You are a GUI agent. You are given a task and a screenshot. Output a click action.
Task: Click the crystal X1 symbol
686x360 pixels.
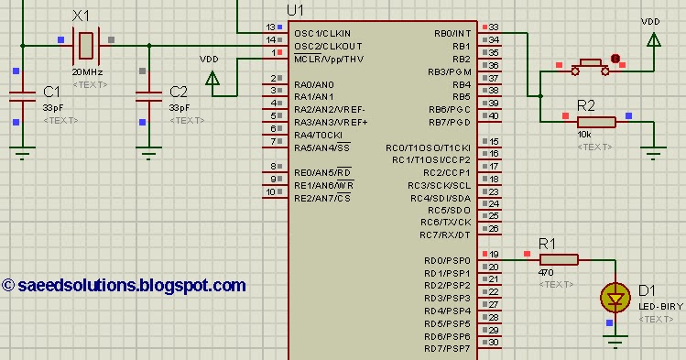click(x=85, y=42)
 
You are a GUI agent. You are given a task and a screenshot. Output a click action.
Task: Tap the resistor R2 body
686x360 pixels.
click(x=595, y=122)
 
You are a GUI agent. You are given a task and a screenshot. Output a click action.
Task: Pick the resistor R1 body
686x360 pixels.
click(x=559, y=259)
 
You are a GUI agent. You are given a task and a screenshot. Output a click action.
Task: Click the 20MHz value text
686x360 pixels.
click(x=85, y=71)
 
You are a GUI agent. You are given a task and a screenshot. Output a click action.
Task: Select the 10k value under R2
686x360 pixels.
click(x=583, y=135)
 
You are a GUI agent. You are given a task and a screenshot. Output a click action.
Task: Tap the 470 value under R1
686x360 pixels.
click(x=547, y=272)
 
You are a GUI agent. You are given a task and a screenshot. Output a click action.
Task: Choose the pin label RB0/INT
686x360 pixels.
click(x=452, y=33)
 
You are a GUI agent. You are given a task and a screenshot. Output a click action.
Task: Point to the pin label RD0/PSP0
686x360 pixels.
click(x=447, y=261)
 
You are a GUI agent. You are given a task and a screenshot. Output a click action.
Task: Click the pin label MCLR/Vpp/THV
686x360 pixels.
click(x=329, y=59)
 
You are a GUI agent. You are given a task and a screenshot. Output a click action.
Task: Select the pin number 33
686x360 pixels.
click(x=494, y=27)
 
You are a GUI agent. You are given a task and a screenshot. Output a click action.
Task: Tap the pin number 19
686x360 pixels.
click(x=494, y=255)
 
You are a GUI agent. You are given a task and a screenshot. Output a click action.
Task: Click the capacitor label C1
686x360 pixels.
click(x=51, y=92)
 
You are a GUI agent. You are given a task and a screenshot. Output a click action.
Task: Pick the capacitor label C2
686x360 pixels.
click(x=179, y=92)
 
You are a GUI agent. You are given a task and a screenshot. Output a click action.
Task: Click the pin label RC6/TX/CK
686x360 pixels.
click(x=446, y=223)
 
